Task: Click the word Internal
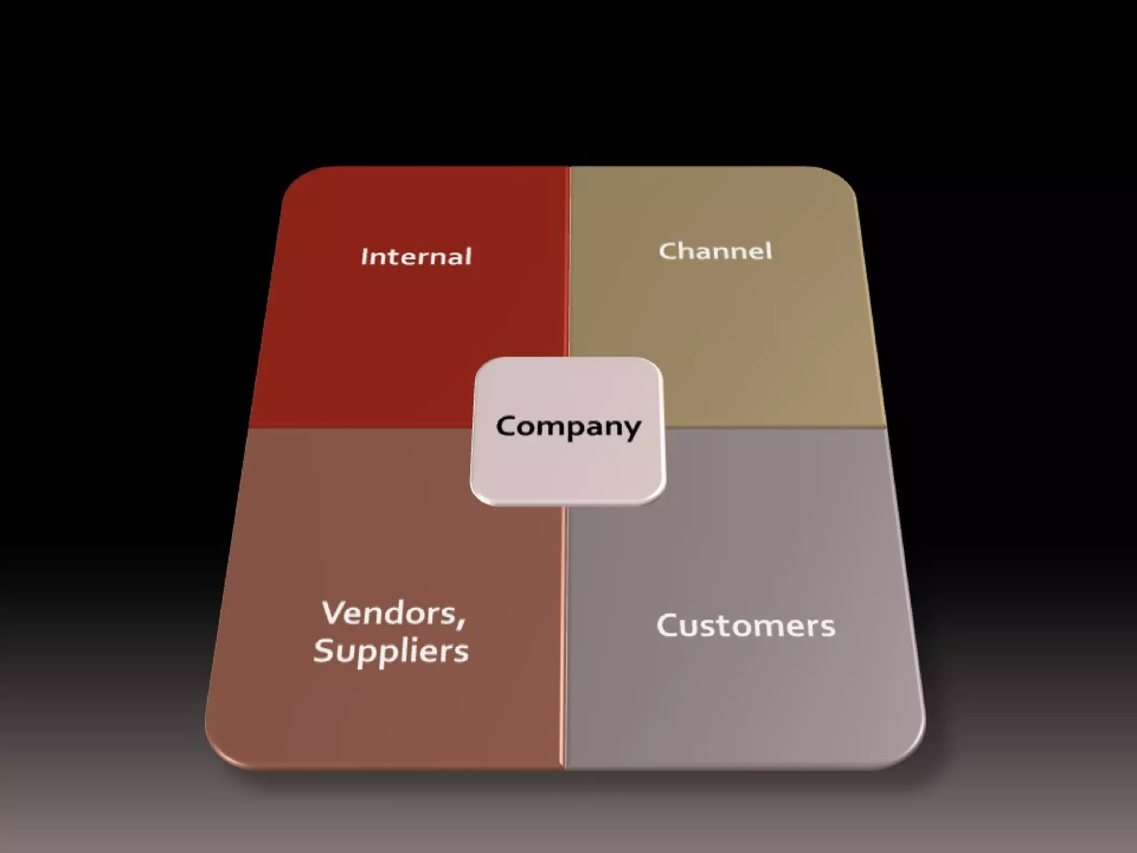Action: coord(416,257)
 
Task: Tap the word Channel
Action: coord(715,251)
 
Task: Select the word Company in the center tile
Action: coord(568,426)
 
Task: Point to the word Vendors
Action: coord(389,613)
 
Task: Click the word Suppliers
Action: coord(391,651)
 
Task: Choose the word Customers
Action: coord(746,626)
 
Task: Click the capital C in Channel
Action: coord(667,251)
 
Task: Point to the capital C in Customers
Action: coord(668,626)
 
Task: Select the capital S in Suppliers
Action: coord(325,650)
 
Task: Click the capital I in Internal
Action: coord(365,257)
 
